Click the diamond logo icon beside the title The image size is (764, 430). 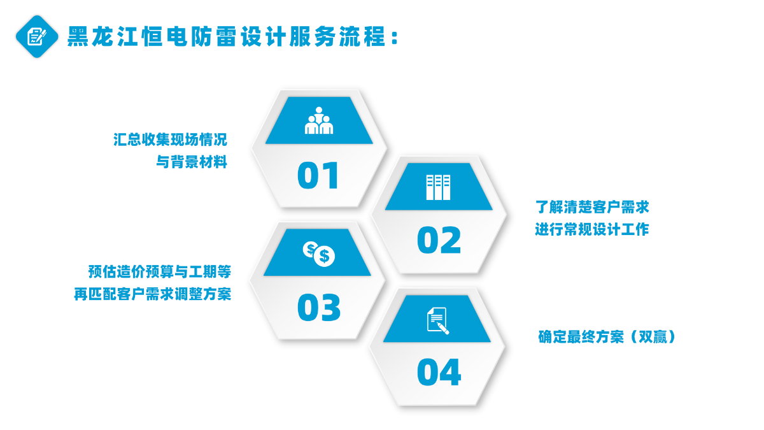point(37,36)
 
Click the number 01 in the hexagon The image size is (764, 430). point(318,176)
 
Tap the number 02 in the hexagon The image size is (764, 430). point(439,240)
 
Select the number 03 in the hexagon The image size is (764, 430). point(319,308)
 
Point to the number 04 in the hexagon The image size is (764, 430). point(439,372)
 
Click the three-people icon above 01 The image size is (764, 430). point(318,120)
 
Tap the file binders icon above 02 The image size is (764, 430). point(438,187)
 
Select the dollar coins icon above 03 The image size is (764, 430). point(319,254)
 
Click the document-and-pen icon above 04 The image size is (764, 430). point(438,320)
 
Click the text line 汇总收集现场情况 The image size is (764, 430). point(170,140)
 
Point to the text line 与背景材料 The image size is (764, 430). point(192,162)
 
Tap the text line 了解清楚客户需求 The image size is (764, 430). point(592,207)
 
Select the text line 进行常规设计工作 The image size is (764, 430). point(591,229)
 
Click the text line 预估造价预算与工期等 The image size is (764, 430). point(160,272)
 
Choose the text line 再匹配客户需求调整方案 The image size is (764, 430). point(152,294)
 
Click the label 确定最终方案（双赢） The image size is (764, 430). point(607,337)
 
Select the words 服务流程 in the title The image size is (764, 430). point(337,36)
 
